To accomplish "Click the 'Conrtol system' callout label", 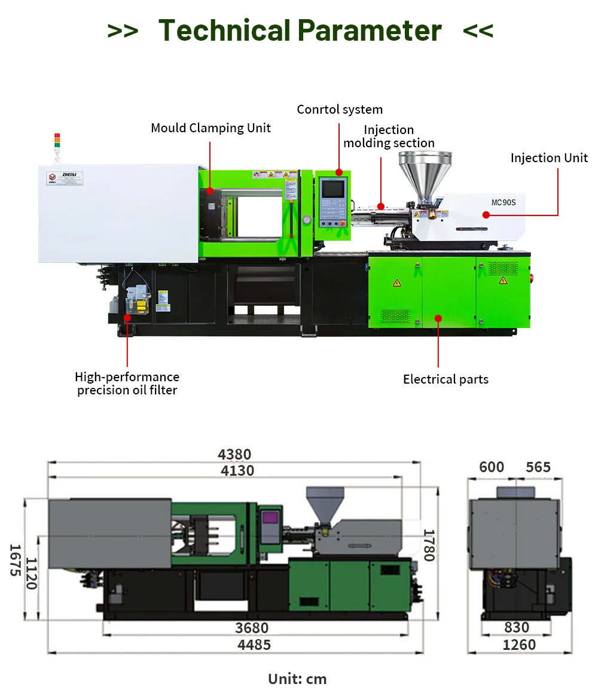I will [x=340, y=110].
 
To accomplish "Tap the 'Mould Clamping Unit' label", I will [x=210, y=128].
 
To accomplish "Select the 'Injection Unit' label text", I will [x=549, y=158].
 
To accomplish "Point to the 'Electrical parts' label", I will [x=446, y=379].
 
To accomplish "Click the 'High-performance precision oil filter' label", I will [x=127, y=384].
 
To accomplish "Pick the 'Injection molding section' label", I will [x=389, y=136].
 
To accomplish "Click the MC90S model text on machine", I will [x=503, y=202].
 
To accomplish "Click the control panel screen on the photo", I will [x=332, y=188].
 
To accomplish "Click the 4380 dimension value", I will [x=234, y=454].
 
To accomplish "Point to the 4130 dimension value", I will [x=237, y=471].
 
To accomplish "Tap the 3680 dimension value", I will [x=252, y=628].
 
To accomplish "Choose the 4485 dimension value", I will [x=254, y=645].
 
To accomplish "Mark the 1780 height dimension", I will [x=429, y=545].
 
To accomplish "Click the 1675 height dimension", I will [x=15, y=560].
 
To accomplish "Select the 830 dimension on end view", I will [x=517, y=627].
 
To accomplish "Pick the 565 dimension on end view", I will [x=538, y=467].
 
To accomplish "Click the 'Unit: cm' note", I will [x=297, y=679].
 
